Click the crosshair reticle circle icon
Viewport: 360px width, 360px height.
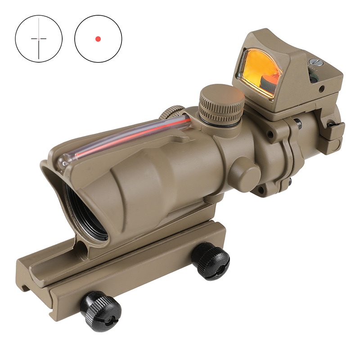pyautogui.click(x=39, y=39)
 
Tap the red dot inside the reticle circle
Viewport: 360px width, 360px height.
pyautogui.click(x=98, y=39)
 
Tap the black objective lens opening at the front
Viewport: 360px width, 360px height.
pyautogui.click(x=85, y=211)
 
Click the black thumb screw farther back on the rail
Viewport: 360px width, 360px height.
pyautogui.click(x=211, y=260)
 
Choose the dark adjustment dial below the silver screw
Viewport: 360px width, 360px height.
pyautogui.click(x=314, y=77)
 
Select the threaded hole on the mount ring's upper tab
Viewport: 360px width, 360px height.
pyautogui.click(x=270, y=134)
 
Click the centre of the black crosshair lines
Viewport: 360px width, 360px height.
pyautogui.click(x=39, y=39)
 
